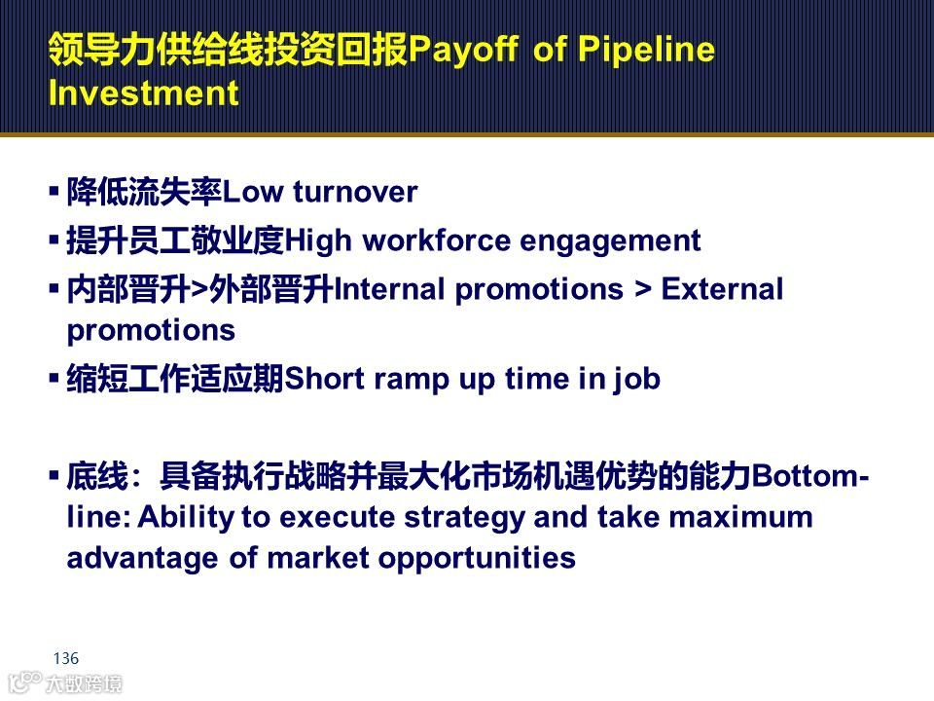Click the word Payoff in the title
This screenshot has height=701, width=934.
[463, 50]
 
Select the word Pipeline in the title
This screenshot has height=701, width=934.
[646, 49]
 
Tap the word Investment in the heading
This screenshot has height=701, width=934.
[144, 93]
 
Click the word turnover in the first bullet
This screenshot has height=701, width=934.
[355, 192]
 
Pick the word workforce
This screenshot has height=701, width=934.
[436, 240]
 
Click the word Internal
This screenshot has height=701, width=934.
[389, 289]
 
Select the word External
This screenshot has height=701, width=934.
[722, 289]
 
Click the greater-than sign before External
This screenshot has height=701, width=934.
[643, 290]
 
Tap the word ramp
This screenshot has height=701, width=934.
[411, 381]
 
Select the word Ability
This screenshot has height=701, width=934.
[185, 517]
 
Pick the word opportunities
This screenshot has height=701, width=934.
[477, 559]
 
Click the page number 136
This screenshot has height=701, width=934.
[65, 658]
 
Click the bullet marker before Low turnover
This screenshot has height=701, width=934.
[54, 192]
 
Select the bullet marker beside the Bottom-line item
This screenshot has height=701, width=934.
[54, 475]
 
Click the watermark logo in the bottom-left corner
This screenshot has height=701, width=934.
[65, 683]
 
